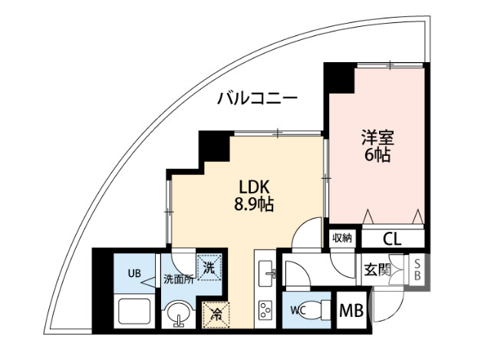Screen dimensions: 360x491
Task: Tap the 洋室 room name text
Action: click(x=377, y=138)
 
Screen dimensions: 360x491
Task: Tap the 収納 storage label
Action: click(x=342, y=239)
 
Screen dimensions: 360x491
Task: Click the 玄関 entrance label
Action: click(x=377, y=269)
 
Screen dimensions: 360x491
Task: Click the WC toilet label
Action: click(x=299, y=311)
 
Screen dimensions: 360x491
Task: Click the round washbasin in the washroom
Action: click(x=179, y=315)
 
